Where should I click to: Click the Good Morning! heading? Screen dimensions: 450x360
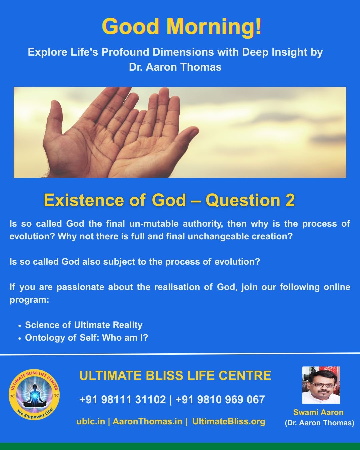(182, 26)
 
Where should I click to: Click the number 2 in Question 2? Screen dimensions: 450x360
(290, 200)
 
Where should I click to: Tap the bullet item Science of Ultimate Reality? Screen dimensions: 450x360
(84, 325)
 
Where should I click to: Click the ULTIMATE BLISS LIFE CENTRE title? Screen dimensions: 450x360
(175, 376)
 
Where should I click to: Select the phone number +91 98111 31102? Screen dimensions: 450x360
(122, 399)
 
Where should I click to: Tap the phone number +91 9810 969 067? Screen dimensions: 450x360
(220, 399)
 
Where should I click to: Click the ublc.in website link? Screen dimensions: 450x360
(91, 421)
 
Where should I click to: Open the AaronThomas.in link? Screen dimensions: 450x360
(147, 421)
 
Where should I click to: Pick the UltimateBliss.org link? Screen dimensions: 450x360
(229, 421)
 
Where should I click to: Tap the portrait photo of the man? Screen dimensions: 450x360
(321, 385)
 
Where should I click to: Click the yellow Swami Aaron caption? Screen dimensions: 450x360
(318, 412)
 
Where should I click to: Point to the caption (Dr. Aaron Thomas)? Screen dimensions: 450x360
(319, 423)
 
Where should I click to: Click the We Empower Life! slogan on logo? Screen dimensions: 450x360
(35, 415)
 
